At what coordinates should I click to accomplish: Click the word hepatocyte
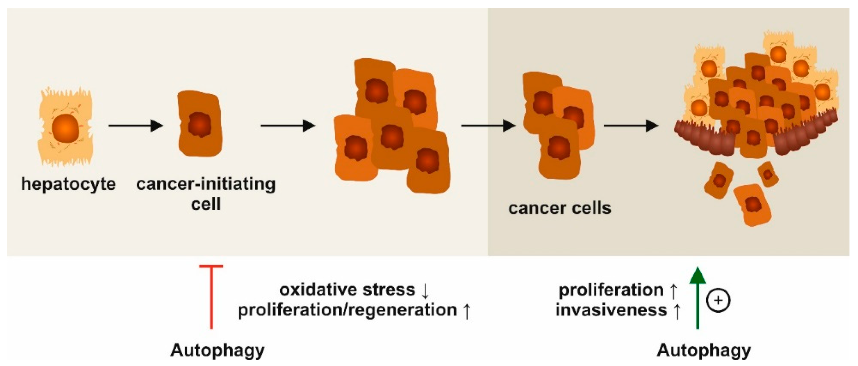[x=68, y=184]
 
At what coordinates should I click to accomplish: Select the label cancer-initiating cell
[x=206, y=194]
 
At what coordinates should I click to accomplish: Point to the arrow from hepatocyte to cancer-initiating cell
[x=135, y=126]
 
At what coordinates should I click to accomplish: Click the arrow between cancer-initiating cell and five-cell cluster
[x=288, y=126]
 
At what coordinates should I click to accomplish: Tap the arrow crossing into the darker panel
[x=488, y=126]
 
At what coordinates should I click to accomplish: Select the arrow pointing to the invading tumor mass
[x=631, y=126]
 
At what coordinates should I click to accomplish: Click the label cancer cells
[x=560, y=208]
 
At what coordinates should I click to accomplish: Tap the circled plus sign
[x=718, y=300]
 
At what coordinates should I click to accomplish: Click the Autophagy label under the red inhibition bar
[x=217, y=350]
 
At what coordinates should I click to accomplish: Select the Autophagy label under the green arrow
[x=704, y=350]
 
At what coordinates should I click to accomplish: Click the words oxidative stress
[x=347, y=289]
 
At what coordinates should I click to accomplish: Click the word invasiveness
[x=611, y=310]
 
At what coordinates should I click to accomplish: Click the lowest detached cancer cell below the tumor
[x=752, y=205]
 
